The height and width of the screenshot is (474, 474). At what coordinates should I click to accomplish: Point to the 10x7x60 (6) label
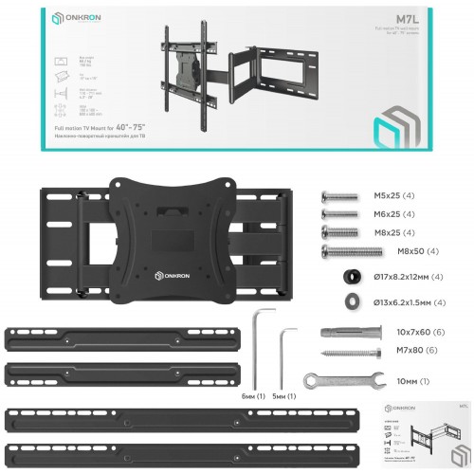pyautogui.click(x=399, y=334)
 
